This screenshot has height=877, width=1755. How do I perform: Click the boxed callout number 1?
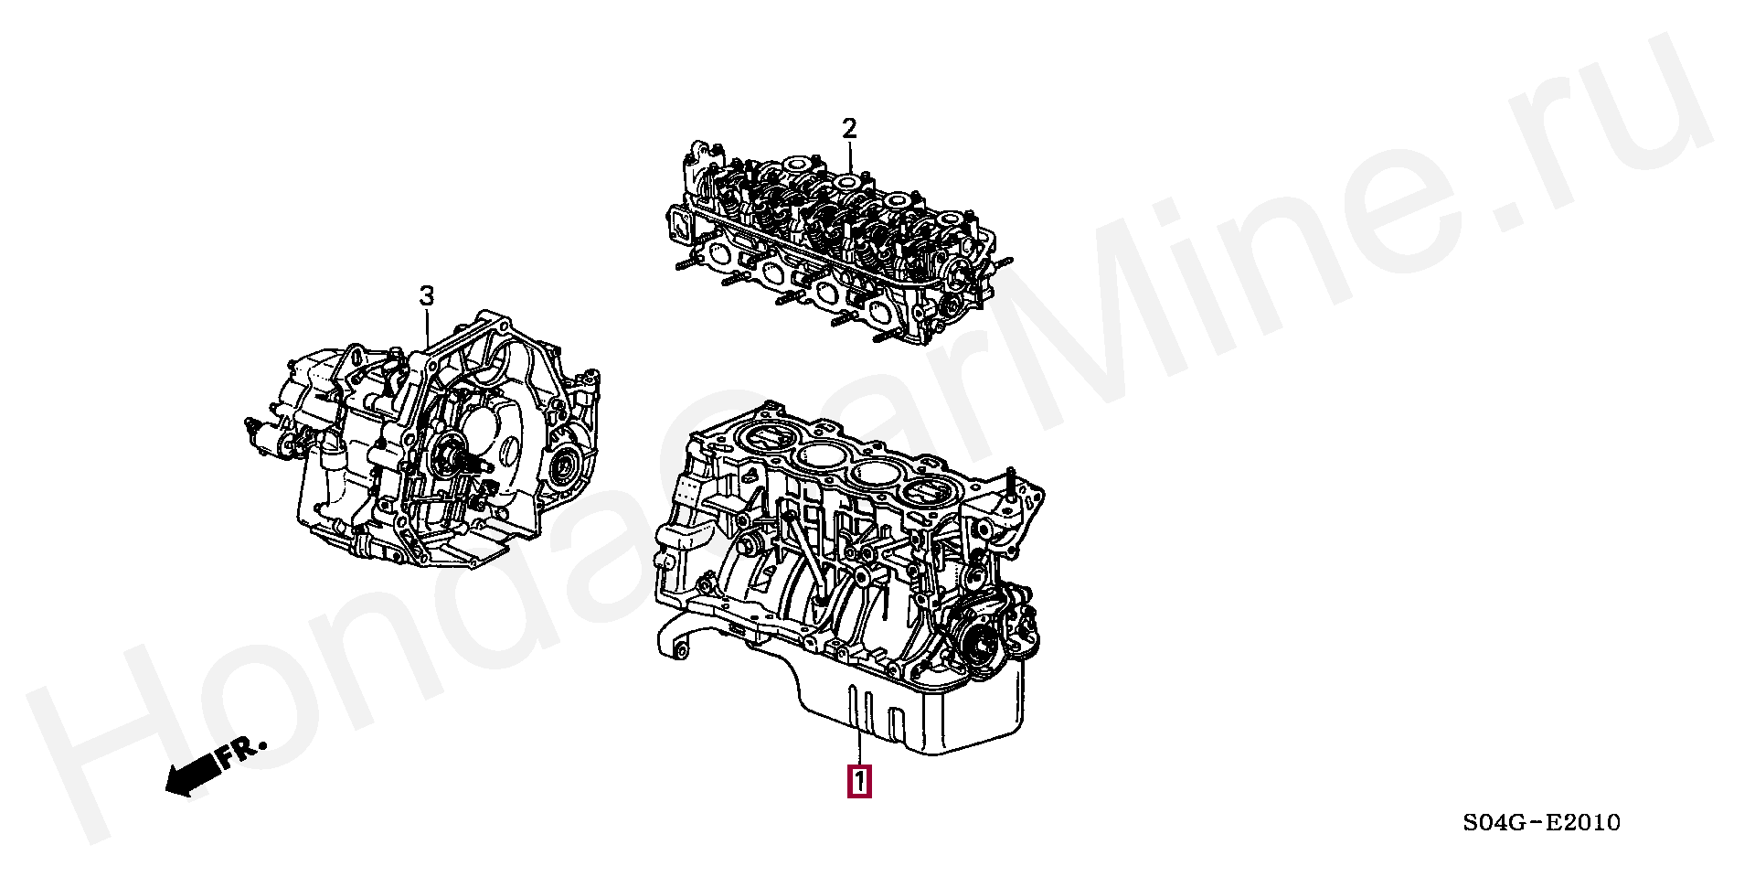pos(859,781)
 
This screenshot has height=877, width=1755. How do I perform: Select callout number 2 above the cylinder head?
pos(849,128)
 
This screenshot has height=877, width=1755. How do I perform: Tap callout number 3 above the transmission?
pos(426,295)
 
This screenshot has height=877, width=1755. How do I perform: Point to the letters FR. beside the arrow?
pos(240,752)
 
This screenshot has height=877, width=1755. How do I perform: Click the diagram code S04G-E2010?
pos(1541,822)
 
